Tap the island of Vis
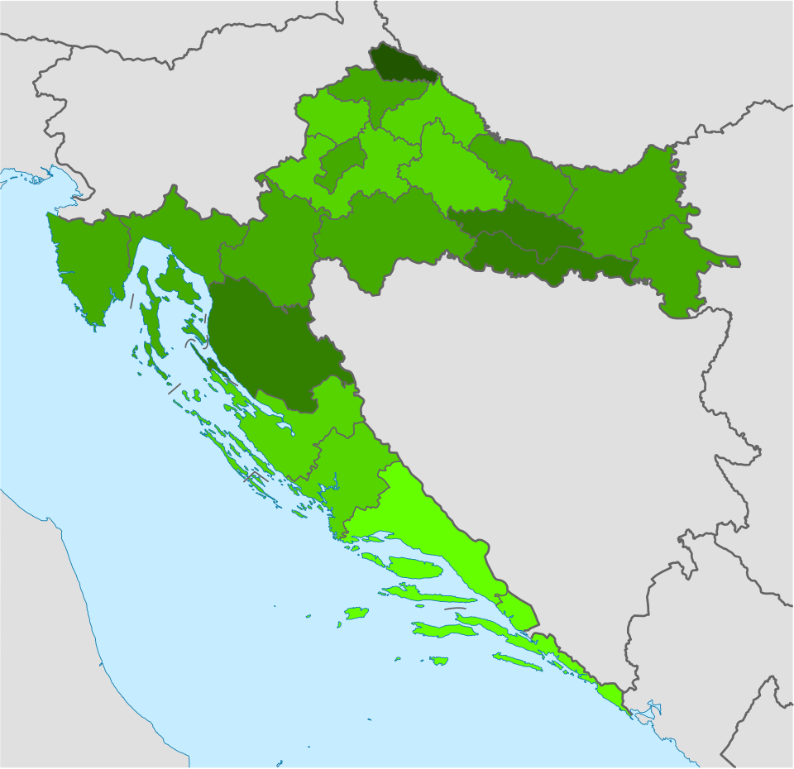pos(356,613)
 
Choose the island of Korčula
pos(442,630)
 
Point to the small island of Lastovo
pos(438,661)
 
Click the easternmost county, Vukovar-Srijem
pos(674,265)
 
